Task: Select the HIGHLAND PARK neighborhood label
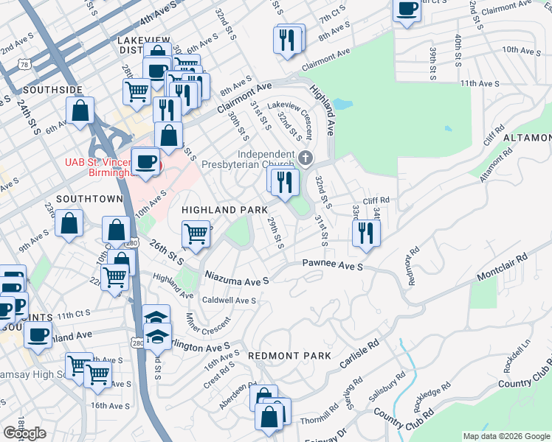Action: (224, 210)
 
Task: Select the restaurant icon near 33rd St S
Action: (365, 233)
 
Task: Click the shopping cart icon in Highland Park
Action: (196, 234)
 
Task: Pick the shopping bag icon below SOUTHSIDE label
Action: (80, 110)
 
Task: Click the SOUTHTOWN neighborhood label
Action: (89, 199)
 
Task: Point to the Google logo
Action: (25, 433)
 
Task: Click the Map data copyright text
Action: (507, 436)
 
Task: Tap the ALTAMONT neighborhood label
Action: (527, 138)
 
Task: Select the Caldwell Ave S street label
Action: (229, 301)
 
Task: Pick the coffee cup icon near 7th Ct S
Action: (407, 10)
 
